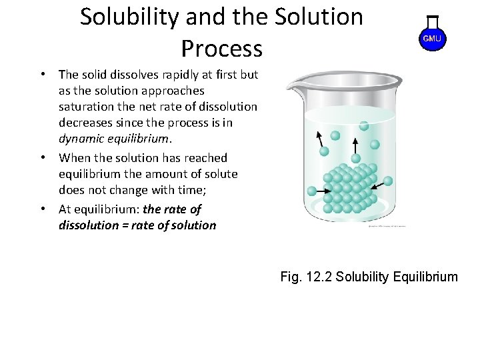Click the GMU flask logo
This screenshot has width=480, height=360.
(432, 37)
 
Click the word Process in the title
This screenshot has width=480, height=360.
(221, 48)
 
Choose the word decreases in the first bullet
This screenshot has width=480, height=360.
(87, 123)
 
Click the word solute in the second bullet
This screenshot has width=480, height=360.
(220, 174)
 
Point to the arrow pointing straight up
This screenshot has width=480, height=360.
(355, 145)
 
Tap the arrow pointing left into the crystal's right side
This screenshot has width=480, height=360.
(385, 181)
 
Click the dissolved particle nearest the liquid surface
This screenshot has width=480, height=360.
(364, 125)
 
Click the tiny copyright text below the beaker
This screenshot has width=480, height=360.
(386, 226)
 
